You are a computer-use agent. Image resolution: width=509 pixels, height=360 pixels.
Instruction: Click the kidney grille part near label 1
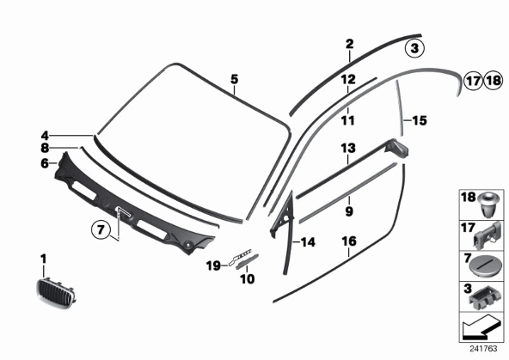(x=56, y=293)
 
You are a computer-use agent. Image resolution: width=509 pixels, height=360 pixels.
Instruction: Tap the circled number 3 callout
(x=414, y=49)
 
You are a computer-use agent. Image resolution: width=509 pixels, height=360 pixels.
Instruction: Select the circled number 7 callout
(x=101, y=229)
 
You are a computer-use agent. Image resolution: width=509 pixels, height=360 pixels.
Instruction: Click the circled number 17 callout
(x=473, y=81)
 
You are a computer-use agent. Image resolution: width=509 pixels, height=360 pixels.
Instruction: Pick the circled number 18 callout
(x=494, y=81)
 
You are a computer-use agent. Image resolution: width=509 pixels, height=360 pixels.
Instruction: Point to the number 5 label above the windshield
(x=235, y=79)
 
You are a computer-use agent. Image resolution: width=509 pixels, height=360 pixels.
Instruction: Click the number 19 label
(x=213, y=266)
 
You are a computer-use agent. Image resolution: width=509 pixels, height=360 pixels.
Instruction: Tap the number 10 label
(x=248, y=278)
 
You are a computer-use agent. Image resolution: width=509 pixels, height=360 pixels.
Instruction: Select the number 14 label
(x=308, y=242)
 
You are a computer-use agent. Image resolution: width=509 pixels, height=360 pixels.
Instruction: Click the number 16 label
(x=349, y=241)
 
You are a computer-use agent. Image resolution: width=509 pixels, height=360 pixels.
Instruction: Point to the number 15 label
(x=419, y=120)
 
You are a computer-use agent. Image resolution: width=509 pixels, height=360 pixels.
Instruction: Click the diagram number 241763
(x=483, y=349)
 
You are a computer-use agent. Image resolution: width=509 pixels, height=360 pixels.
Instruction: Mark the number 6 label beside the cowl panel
(x=45, y=163)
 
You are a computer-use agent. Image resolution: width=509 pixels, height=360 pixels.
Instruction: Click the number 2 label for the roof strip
(x=349, y=44)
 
